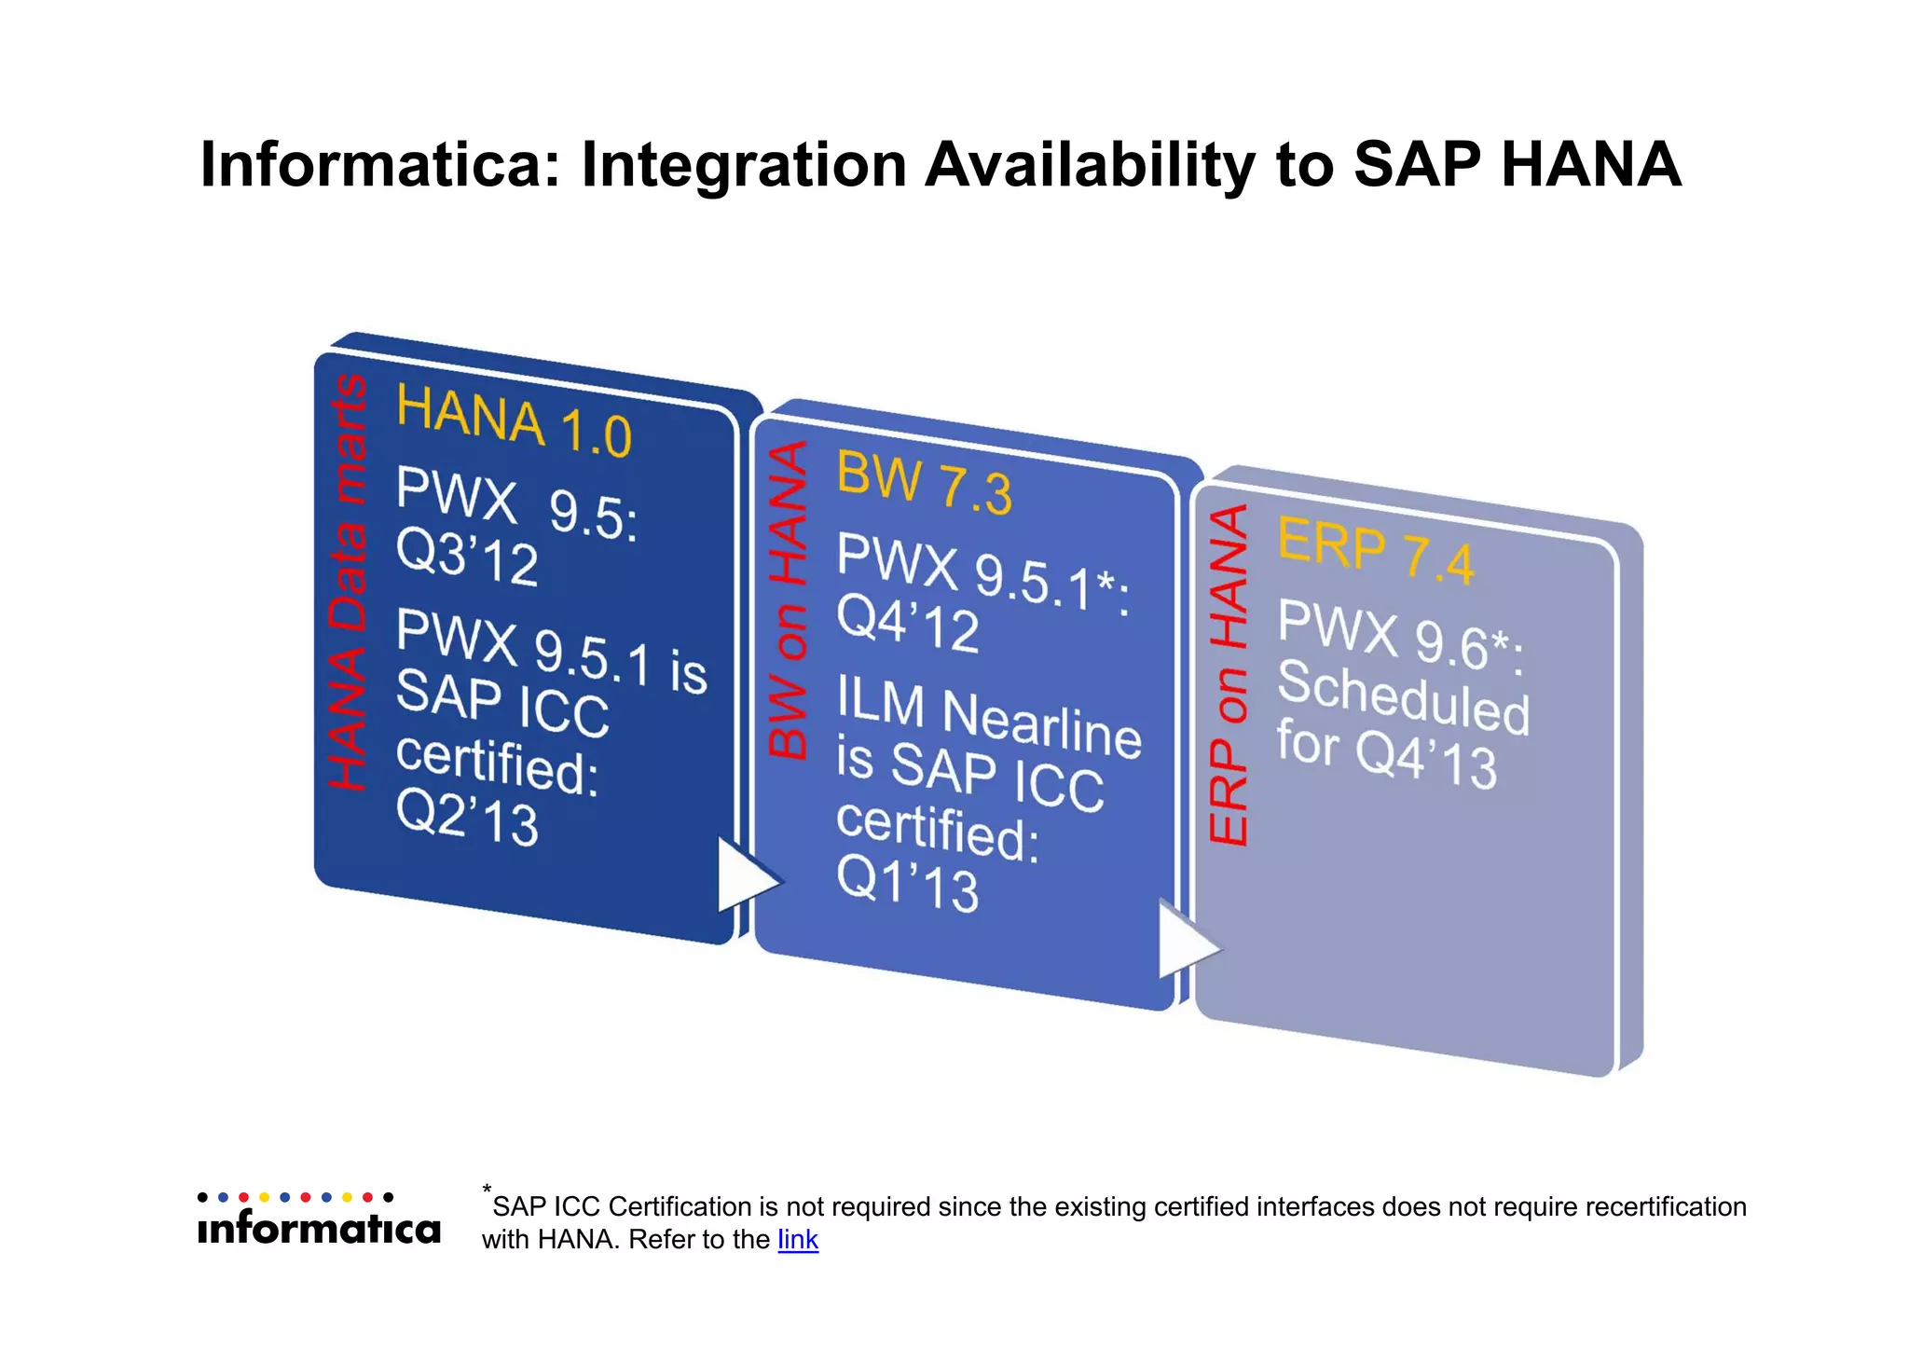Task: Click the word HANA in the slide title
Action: click(1590, 165)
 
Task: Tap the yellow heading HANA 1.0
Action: click(514, 421)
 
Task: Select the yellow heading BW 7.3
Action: click(923, 483)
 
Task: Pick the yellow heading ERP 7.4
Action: click(1375, 551)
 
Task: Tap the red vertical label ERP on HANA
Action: click(1228, 675)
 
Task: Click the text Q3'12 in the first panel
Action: click(467, 557)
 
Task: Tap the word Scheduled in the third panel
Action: click(1402, 697)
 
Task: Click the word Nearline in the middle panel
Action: click(1041, 723)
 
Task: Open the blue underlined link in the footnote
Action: click(798, 1240)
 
